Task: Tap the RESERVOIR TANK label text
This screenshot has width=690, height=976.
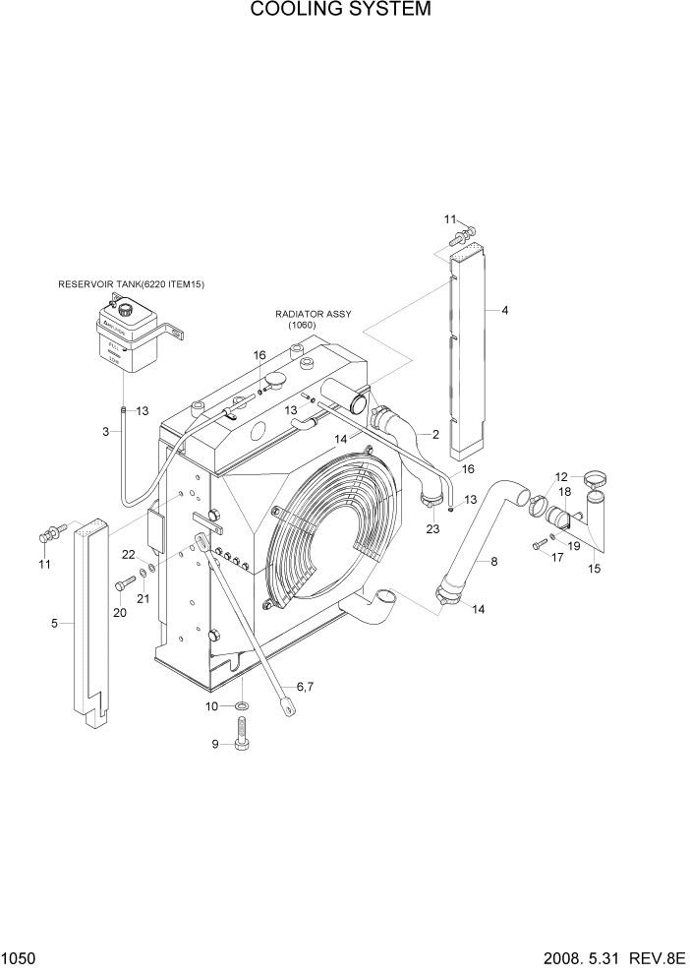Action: click(138, 284)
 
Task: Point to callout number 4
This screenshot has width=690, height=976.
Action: click(504, 311)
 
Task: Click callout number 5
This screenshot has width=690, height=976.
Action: click(55, 623)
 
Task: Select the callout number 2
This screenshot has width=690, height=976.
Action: click(434, 434)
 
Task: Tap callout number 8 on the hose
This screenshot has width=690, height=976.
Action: click(494, 562)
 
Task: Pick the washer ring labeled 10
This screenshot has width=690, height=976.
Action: click(241, 706)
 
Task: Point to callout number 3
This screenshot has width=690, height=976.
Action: click(105, 431)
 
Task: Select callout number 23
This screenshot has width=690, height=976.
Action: click(431, 529)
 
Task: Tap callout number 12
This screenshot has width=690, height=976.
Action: click(562, 476)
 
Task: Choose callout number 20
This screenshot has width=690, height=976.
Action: click(120, 613)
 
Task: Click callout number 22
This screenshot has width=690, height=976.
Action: click(129, 555)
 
